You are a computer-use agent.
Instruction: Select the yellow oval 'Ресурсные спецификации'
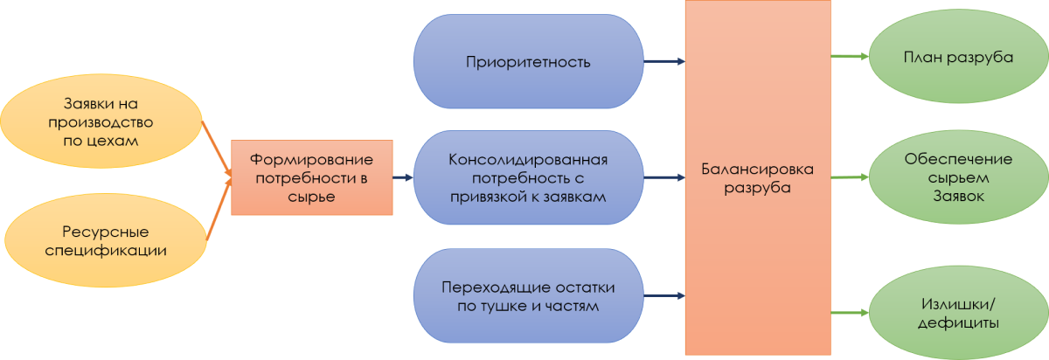pos(102,241)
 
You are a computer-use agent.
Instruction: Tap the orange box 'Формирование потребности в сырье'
pos(311,177)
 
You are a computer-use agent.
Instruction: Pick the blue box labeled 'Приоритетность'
pos(527,62)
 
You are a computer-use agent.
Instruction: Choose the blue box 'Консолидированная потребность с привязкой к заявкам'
pos(527,177)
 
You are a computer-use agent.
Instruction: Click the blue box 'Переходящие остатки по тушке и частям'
pos(527,296)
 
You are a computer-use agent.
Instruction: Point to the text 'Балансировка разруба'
pos(757,177)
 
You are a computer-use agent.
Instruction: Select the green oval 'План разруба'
pos(957,59)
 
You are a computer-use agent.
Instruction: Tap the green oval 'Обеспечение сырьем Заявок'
pos(957,177)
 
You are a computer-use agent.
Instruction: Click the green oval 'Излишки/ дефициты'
pos(957,313)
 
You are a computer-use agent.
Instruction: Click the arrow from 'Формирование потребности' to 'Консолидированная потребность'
pos(403,177)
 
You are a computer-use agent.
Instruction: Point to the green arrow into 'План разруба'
pos(848,58)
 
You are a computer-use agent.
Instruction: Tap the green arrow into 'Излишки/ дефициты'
pos(848,313)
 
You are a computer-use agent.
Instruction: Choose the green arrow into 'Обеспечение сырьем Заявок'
pos(848,177)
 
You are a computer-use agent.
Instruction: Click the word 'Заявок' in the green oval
pos(957,197)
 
